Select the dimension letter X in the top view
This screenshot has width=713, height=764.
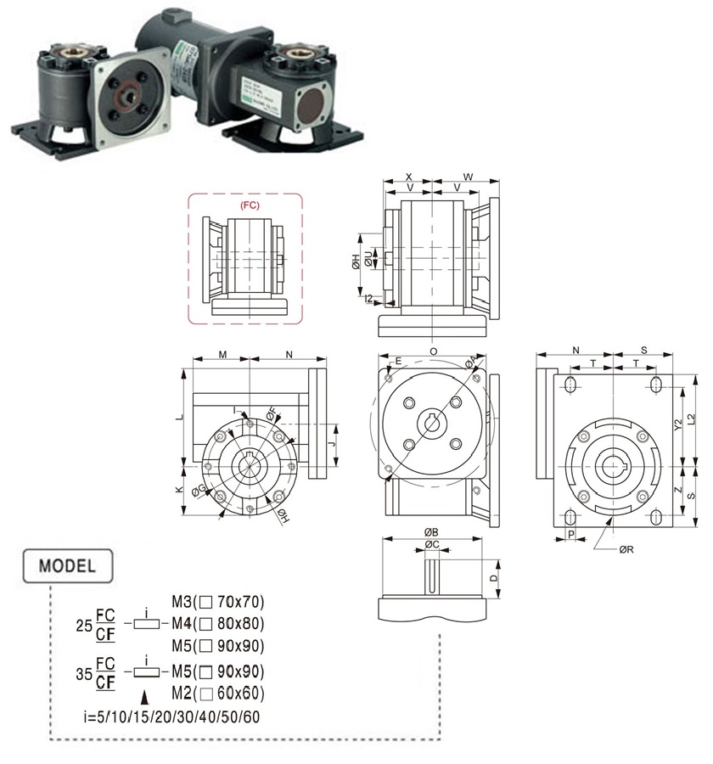[408, 177]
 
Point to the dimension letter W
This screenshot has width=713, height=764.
[468, 177]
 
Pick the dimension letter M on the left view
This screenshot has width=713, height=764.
[222, 355]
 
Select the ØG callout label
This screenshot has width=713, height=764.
[198, 489]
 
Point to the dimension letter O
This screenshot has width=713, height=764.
[433, 351]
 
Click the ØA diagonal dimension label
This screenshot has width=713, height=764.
[471, 363]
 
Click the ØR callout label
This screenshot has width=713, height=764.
[626, 549]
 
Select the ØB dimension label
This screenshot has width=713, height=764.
[431, 532]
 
